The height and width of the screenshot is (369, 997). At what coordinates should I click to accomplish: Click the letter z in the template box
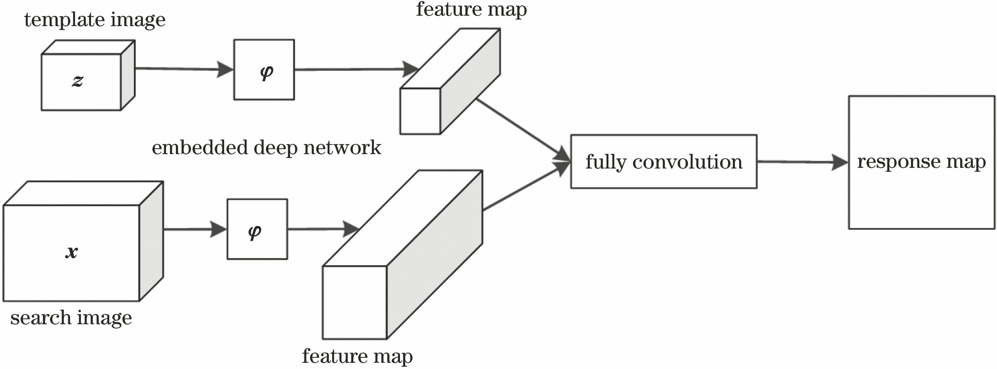(x=77, y=81)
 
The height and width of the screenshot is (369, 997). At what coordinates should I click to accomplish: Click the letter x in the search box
(x=71, y=252)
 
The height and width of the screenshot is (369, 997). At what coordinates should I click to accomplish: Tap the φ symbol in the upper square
(x=267, y=72)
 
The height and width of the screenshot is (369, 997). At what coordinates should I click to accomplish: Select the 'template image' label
(x=95, y=19)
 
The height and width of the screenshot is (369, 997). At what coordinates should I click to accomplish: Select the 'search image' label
(x=71, y=318)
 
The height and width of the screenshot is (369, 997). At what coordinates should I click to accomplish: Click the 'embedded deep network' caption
(x=266, y=148)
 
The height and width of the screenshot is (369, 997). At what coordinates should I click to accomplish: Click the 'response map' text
(x=921, y=161)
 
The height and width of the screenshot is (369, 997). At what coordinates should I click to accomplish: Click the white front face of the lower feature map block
(x=355, y=302)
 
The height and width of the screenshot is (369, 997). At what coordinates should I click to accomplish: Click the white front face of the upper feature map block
(x=420, y=111)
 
